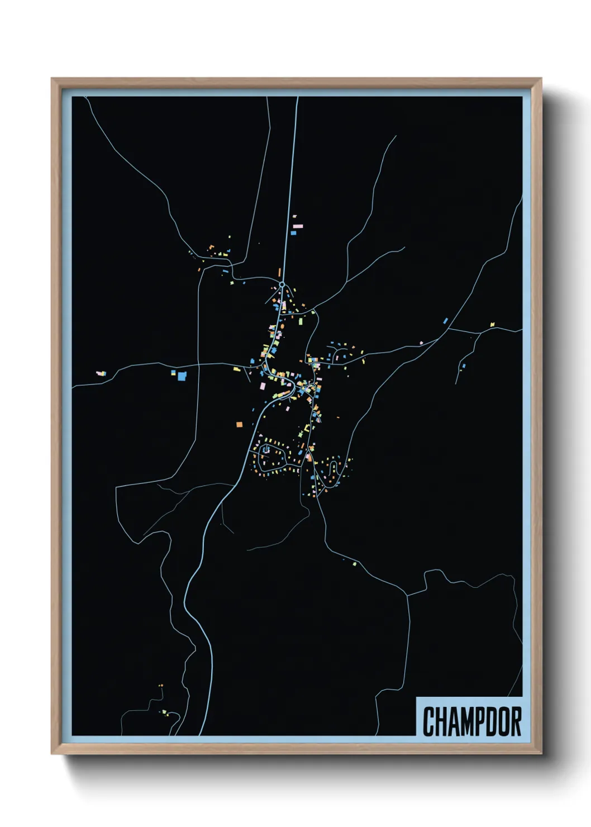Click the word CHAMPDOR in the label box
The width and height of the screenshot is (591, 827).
(x=472, y=721)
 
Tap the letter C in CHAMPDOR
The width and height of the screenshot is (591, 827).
(x=429, y=721)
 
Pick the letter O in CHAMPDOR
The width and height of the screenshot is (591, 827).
(x=504, y=721)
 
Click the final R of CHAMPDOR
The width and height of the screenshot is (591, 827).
(x=516, y=721)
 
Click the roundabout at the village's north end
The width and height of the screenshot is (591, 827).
(x=282, y=285)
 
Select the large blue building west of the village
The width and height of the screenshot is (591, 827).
(x=181, y=376)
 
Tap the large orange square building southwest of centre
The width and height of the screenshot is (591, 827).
(x=239, y=425)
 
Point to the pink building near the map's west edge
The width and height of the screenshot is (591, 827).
(x=101, y=373)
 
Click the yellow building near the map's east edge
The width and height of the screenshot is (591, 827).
(x=492, y=324)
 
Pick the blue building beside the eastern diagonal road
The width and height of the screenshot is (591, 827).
(x=445, y=321)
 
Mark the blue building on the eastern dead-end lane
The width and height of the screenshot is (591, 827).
(x=463, y=367)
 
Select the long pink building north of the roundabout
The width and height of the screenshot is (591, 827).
(x=298, y=227)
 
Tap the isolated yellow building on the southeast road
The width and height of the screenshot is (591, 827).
(x=354, y=563)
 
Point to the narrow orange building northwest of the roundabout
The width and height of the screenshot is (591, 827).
(x=279, y=272)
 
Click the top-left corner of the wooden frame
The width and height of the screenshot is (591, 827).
(x=53, y=79)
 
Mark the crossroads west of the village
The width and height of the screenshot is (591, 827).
(x=199, y=365)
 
